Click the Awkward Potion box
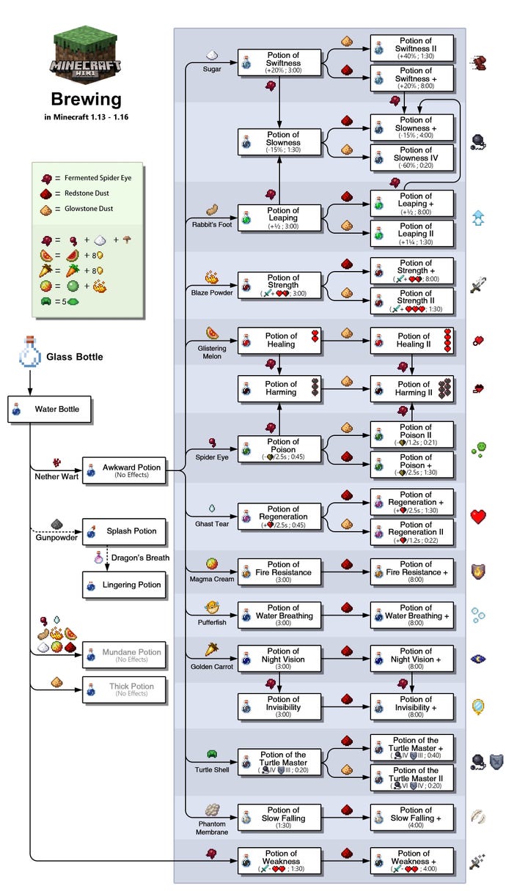pos(124,470)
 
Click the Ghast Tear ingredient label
pos(211,524)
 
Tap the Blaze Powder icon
pos(212,278)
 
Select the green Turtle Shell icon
pos(212,754)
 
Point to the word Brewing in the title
pos(86,99)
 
